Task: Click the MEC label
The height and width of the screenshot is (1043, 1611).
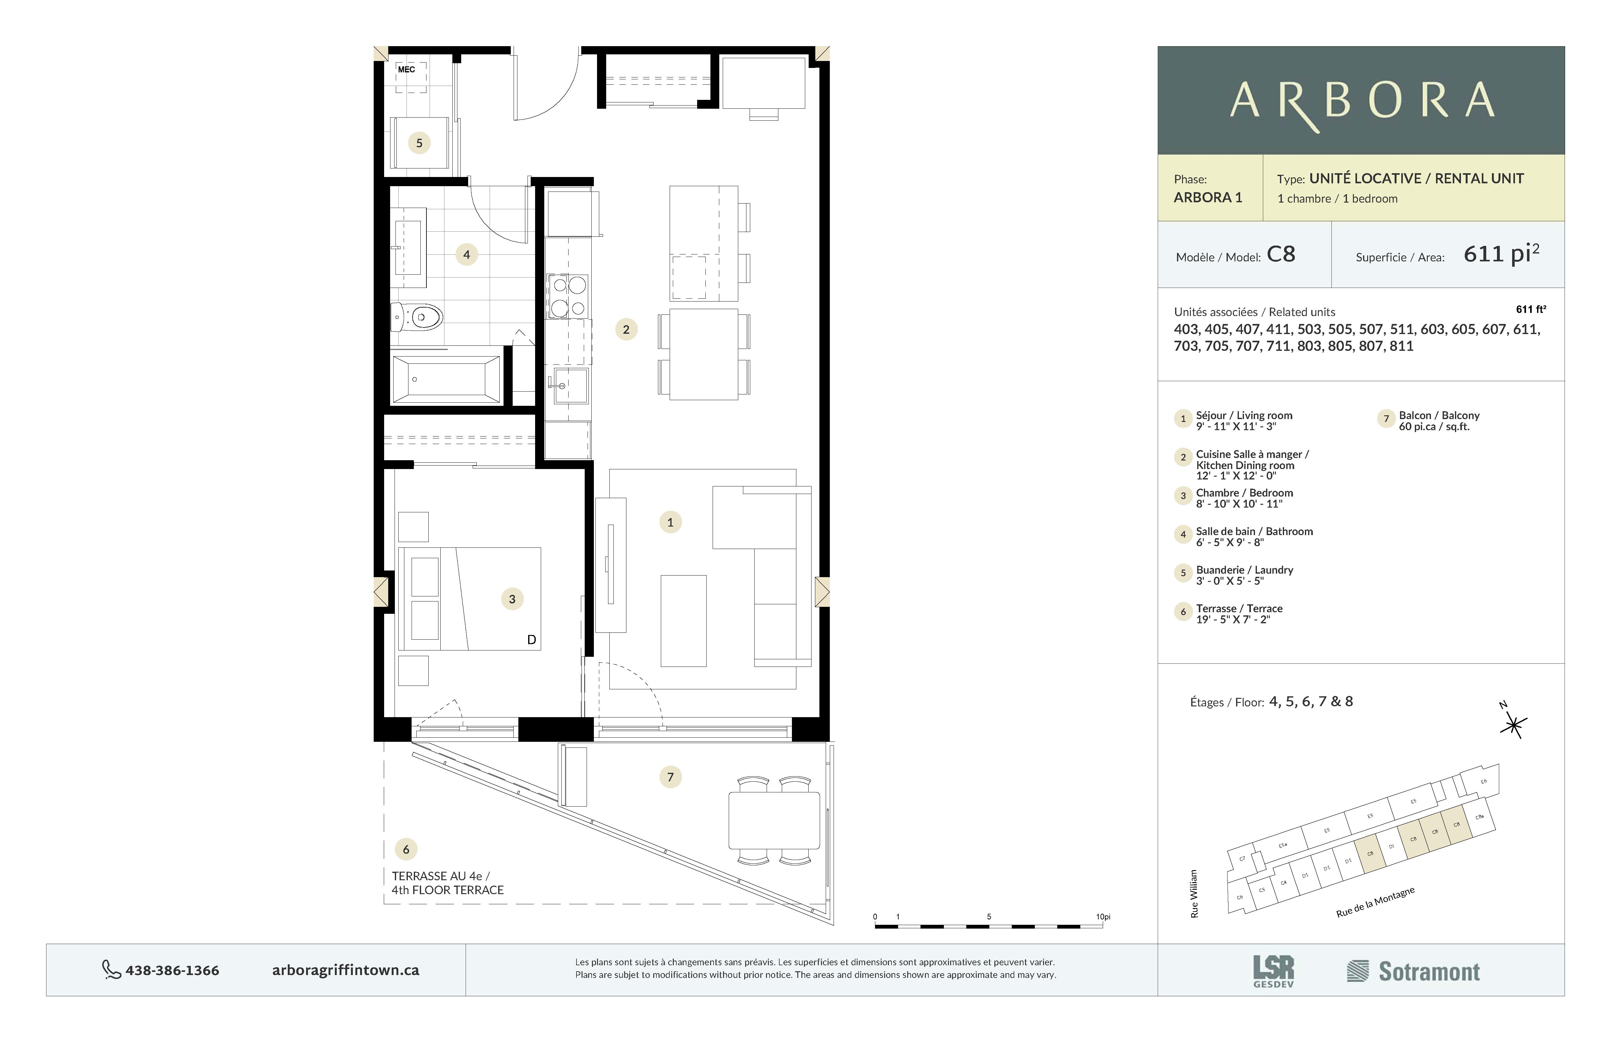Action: pyautogui.click(x=406, y=70)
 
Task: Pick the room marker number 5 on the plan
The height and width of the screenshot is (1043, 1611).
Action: pyautogui.click(x=419, y=143)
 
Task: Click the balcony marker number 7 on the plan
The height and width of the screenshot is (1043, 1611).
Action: pyautogui.click(x=670, y=777)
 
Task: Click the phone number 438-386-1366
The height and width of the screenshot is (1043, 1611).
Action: pyautogui.click(x=172, y=971)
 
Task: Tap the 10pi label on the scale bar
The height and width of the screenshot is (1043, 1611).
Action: pyautogui.click(x=1103, y=917)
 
